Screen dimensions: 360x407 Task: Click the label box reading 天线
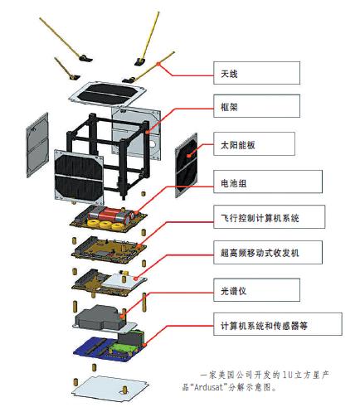pyautogui.click(x=256, y=73)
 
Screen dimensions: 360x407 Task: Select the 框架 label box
pyautogui.click(x=256, y=106)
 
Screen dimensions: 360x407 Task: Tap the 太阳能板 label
pyautogui.click(x=254, y=143)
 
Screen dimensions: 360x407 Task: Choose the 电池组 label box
pyautogui.click(x=268, y=182)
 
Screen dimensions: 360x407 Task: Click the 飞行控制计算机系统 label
pyautogui.click(x=269, y=216)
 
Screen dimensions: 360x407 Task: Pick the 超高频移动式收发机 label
pyautogui.click(x=268, y=252)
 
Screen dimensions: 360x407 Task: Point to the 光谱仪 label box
pyautogui.click(x=256, y=290)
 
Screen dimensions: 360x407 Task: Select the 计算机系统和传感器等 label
pyautogui.click(x=278, y=324)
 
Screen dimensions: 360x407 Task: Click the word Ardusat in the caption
pyautogui.click(x=209, y=387)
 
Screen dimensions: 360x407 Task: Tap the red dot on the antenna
pyautogui.click(x=158, y=64)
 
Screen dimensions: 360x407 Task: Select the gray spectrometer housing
pyautogui.click(x=100, y=317)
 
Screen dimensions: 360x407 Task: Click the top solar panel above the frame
pyautogui.click(x=108, y=94)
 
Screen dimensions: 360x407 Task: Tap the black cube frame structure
pyautogui.click(x=109, y=155)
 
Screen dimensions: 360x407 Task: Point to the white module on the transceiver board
pyautogui.click(x=124, y=281)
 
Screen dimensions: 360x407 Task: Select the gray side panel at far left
pyautogui.click(x=37, y=145)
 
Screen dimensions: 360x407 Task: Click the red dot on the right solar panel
pyautogui.click(x=189, y=156)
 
